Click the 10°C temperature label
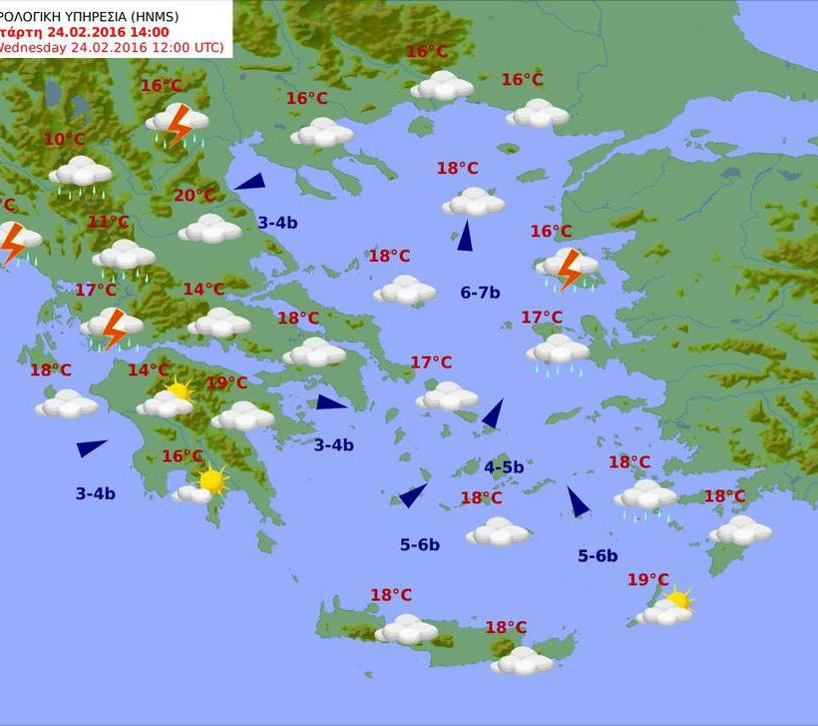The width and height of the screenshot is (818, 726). pyautogui.click(x=65, y=140)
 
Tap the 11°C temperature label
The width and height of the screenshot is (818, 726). pyautogui.click(x=109, y=223)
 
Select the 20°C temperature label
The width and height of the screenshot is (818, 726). pyautogui.click(x=195, y=196)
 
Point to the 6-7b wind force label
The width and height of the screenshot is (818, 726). pyautogui.click(x=480, y=293)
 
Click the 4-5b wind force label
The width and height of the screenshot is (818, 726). pyautogui.click(x=504, y=466)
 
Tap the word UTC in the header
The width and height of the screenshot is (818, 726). pyautogui.click(x=205, y=47)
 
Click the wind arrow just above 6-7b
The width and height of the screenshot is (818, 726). pyautogui.click(x=464, y=236)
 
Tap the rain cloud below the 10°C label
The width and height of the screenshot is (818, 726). pyautogui.click(x=81, y=174)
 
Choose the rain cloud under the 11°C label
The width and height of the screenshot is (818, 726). pyautogui.click(x=124, y=257)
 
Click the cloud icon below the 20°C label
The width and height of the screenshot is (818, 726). pyautogui.click(x=209, y=230)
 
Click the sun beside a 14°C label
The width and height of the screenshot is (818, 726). pyautogui.click(x=179, y=389)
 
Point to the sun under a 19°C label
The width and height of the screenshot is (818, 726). pyautogui.click(x=678, y=600)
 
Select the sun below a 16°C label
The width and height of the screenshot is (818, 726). pyautogui.click(x=210, y=481)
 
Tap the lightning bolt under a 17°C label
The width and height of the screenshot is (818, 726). pyautogui.click(x=115, y=328)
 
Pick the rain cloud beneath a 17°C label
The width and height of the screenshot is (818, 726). pyautogui.click(x=559, y=352)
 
